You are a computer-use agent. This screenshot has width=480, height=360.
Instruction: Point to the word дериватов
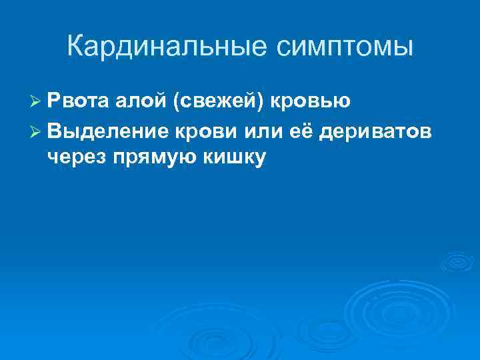[377, 131]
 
